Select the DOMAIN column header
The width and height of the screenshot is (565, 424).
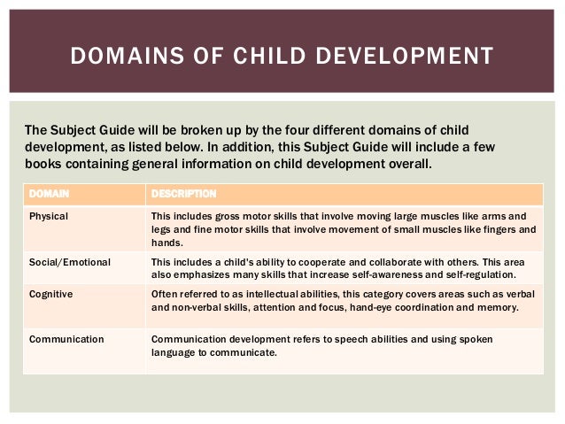pyautogui.click(x=49, y=193)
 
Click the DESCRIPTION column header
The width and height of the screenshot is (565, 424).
pyautogui.click(x=183, y=193)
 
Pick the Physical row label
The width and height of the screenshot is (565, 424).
pyautogui.click(x=49, y=216)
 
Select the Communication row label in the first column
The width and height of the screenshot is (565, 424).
pyautogui.click(x=66, y=339)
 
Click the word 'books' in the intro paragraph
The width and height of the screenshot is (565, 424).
pyautogui.click(x=44, y=164)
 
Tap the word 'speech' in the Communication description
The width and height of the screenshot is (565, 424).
pyautogui.click(x=342, y=339)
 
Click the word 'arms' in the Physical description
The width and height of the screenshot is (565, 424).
pyautogui.click(x=501, y=216)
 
